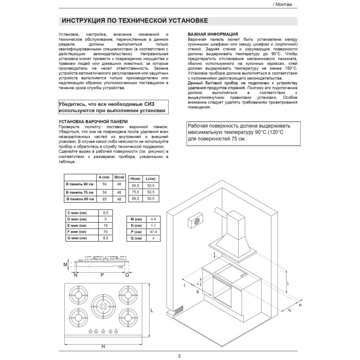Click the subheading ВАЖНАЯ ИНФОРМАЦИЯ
[x=209, y=34]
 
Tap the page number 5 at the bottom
[x=179, y=356]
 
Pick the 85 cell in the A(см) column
[x=105, y=198]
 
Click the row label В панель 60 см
[x=79, y=184]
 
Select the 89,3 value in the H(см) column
[x=136, y=198]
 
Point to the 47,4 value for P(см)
[x=153, y=232]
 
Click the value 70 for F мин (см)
[x=105, y=232]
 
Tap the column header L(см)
[x=151, y=177]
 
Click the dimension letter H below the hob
[x=103, y=346]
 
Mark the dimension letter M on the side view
[x=65, y=264]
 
